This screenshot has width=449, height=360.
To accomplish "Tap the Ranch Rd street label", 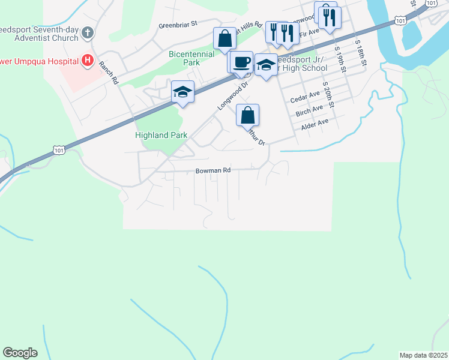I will [x=109, y=73].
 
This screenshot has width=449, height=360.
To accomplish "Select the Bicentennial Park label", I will [x=192, y=58].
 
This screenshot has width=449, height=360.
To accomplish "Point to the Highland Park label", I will [x=161, y=136].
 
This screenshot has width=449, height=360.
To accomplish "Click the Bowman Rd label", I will [x=213, y=170].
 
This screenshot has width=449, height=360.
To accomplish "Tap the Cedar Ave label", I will [x=306, y=96].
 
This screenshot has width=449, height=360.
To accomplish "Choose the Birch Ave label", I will [x=310, y=112].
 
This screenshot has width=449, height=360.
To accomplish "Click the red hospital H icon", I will [x=88, y=60].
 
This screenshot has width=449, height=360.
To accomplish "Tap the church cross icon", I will [x=88, y=32].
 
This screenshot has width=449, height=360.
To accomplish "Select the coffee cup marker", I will [x=242, y=62].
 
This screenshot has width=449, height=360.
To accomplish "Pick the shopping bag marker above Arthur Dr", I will [x=247, y=114].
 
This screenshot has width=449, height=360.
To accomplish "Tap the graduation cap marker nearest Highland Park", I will [x=182, y=92].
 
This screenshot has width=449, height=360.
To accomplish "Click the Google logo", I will [x=20, y=353].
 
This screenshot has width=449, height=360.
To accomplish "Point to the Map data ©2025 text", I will [x=423, y=355].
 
